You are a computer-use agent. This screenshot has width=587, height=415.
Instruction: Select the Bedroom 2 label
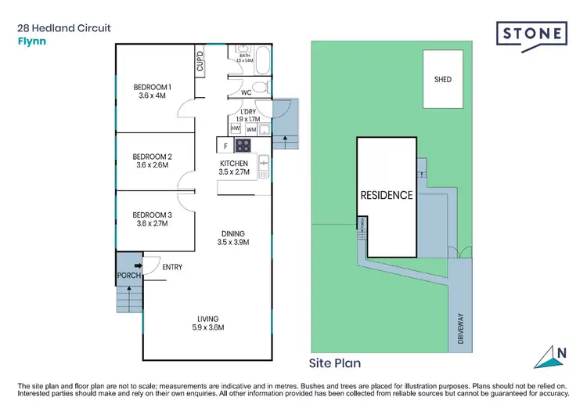(x=152, y=161)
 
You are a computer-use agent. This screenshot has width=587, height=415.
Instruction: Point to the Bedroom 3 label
(x=152, y=219)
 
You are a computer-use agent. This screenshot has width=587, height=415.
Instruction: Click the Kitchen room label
(x=234, y=168)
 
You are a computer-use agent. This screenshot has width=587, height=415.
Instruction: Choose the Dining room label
(x=233, y=238)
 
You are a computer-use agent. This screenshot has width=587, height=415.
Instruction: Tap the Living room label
(x=208, y=323)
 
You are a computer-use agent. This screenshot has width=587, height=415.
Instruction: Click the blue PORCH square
(x=128, y=271)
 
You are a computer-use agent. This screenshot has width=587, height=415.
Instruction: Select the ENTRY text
(x=172, y=268)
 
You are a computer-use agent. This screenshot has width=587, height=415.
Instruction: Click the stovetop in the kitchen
(x=243, y=145)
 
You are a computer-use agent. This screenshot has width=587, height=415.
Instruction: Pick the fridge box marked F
(x=225, y=146)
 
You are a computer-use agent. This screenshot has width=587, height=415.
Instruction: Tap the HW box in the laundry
(x=236, y=128)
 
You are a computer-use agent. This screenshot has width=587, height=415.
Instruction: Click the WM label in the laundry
(x=251, y=129)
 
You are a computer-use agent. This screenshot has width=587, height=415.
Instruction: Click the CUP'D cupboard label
(x=200, y=62)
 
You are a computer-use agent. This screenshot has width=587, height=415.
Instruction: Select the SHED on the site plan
(x=443, y=79)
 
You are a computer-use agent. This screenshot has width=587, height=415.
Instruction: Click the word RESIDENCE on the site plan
(x=386, y=195)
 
